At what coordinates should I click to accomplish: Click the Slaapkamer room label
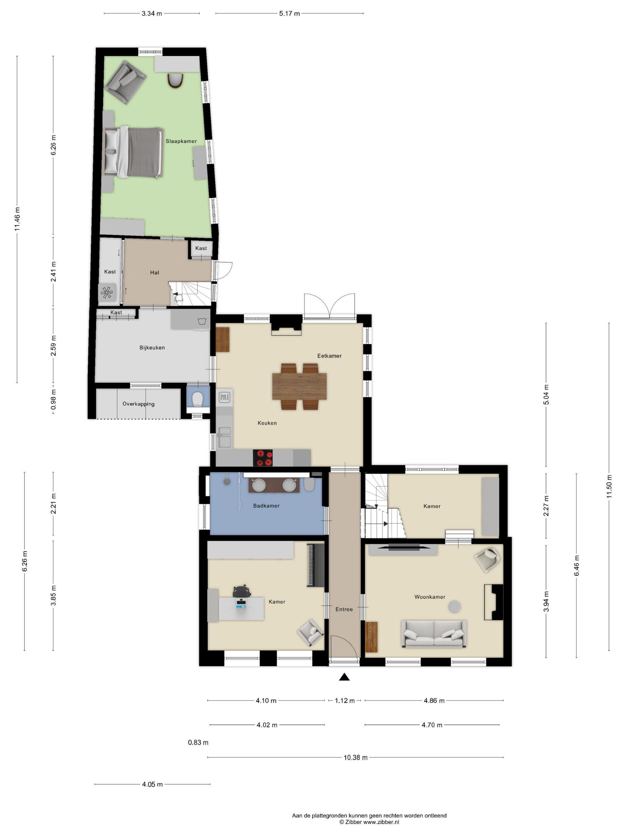tap(181, 141)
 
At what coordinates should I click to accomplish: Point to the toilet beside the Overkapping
tap(197, 399)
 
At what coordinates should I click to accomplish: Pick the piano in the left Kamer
tap(316, 565)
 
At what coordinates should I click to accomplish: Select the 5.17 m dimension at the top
tap(289, 14)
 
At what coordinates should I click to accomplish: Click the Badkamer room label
tap(266, 506)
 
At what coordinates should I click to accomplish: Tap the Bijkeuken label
tap(152, 348)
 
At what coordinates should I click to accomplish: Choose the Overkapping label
tap(139, 404)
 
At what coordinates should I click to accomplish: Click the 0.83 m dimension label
tap(198, 743)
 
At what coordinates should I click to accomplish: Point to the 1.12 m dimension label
tap(345, 701)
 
